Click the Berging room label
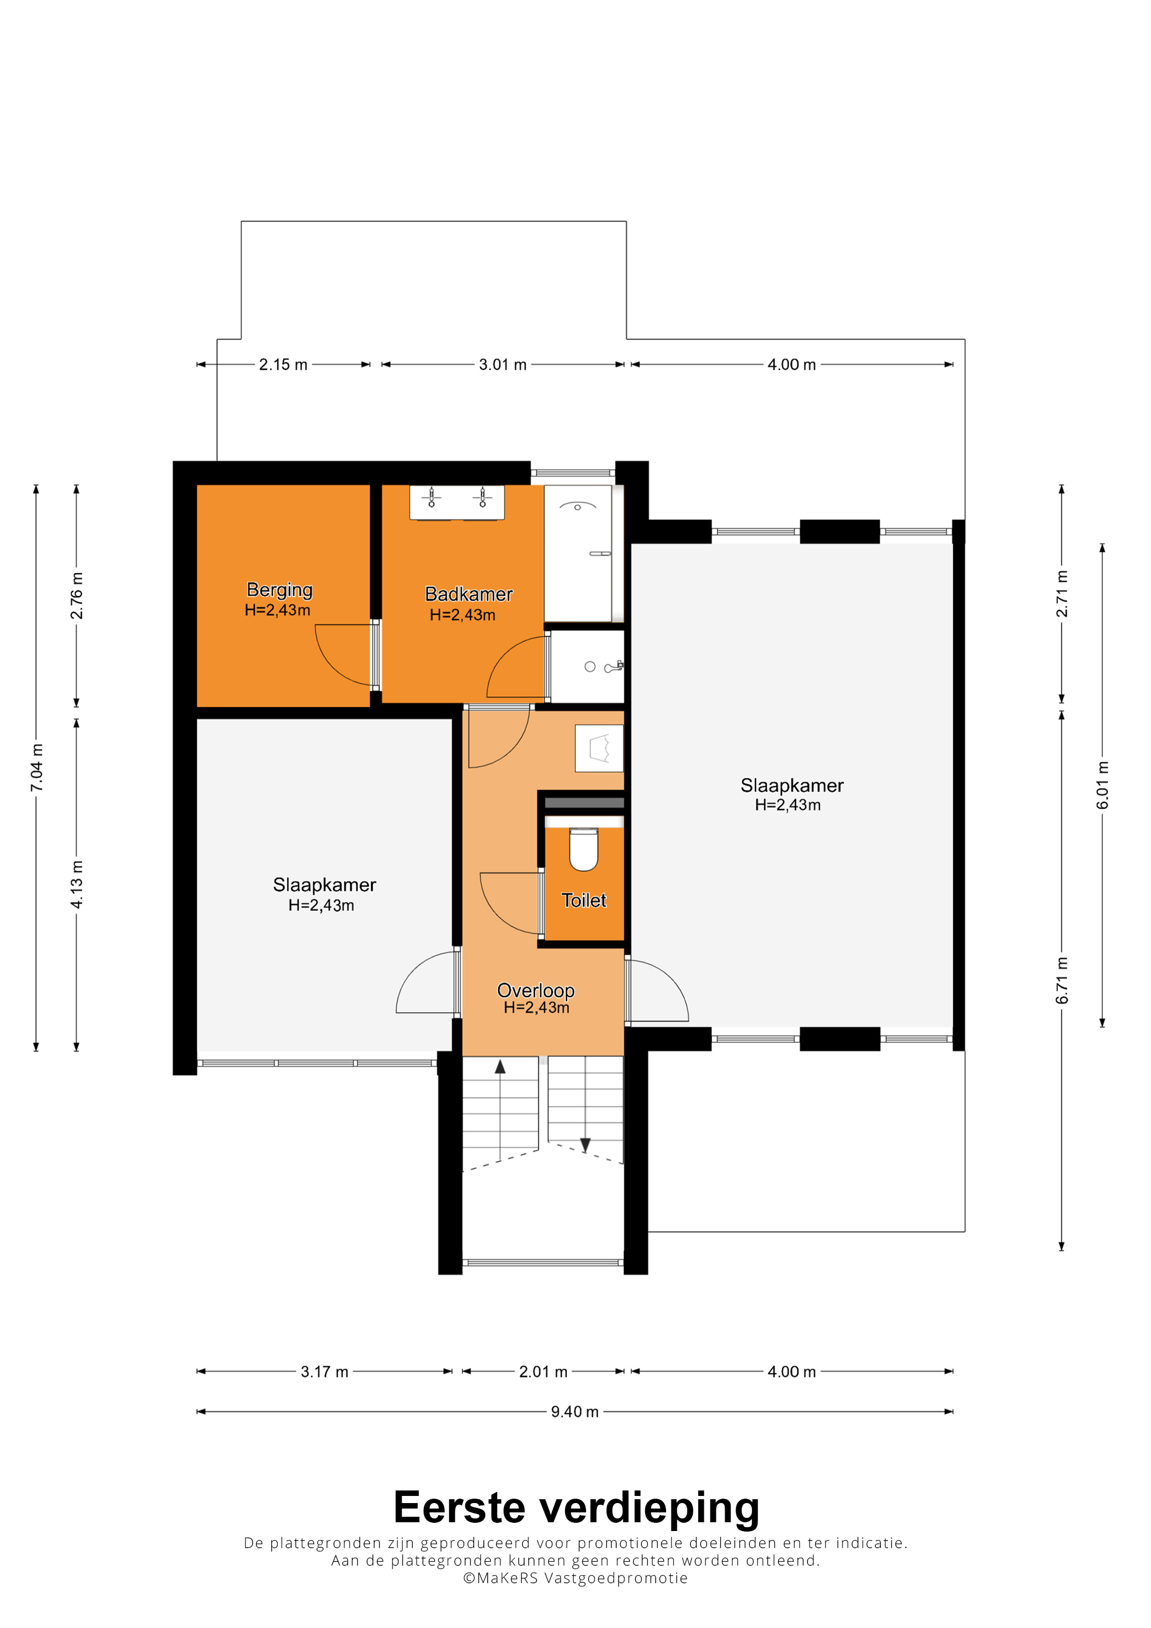pyautogui.click(x=280, y=590)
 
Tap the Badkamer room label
pyautogui.click(x=469, y=594)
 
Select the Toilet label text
pyautogui.click(x=584, y=900)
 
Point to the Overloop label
pyautogui.click(x=535, y=990)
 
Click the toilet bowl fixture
pyautogui.click(x=584, y=849)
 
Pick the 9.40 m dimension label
pyautogui.click(x=575, y=1412)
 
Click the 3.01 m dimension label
pyautogui.click(x=503, y=364)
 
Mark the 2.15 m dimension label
pyautogui.click(x=283, y=364)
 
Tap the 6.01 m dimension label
pyautogui.click(x=1102, y=785)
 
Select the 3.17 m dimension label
pyautogui.click(x=325, y=1372)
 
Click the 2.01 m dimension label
pyautogui.click(x=543, y=1372)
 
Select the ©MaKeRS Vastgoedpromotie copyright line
pyautogui.click(x=575, y=1578)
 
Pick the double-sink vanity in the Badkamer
pyautogui.click(x=457, y=502)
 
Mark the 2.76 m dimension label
pyautogui.click(x=77, y=596)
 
